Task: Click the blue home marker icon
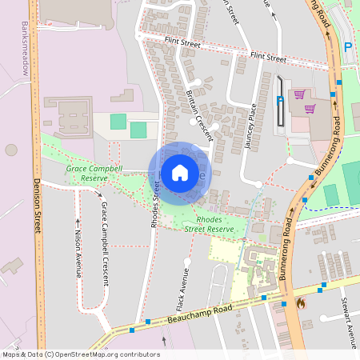tap(180, 172)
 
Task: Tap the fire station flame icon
tap(301, 304)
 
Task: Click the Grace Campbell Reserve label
tap(94, 174)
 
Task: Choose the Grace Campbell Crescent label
tap(104, 244)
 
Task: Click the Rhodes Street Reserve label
tap(210, 225)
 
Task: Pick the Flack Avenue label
tap(182, 289)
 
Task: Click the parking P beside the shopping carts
tap(279, 101)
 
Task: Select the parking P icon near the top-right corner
tap(347, 47)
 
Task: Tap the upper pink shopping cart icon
tap(298, 95)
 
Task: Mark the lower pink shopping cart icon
tap(310, 109)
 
